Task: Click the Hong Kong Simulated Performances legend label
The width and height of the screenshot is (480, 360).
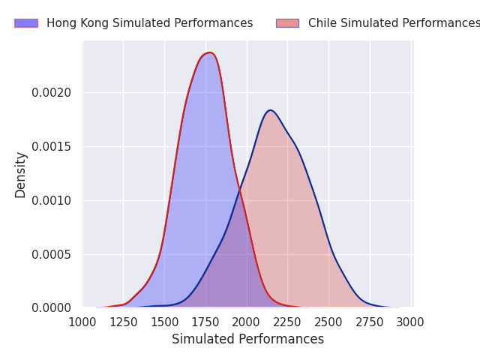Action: (x=149, y=23)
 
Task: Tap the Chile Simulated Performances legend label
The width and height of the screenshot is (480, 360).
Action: (x=393, y=23)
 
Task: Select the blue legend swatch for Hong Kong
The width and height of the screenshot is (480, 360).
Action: (x=25, y=23)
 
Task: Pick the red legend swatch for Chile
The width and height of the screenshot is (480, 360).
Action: (x=287, y=23)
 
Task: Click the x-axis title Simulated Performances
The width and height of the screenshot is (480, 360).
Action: (x=247, y=339)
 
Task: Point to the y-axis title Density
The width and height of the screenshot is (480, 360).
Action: (x=21, y=175)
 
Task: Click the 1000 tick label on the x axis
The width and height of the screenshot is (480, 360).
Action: (x=82, y=322)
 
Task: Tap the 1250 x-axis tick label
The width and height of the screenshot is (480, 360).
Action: (x=124, y=322)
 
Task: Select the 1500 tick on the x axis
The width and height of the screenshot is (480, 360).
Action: (x=164, y=322)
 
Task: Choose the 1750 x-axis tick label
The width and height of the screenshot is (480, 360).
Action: (x=205, y=322)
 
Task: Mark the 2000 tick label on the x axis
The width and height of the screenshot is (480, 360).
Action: (x=246, y=322)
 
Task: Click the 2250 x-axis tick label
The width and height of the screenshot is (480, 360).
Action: (x=287, y=322)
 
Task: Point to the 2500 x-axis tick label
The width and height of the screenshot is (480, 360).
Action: (x=328, y=322)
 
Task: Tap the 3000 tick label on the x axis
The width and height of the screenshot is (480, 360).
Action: (x=409, y=322)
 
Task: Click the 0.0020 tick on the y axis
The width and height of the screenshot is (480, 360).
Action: (x=52, y=93)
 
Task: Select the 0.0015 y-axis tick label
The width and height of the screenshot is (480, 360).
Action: (x=52, y=147)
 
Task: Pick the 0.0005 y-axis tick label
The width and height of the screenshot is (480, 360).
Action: (x=52, y=254)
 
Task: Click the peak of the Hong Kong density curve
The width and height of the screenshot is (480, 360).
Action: (x=210, y=52)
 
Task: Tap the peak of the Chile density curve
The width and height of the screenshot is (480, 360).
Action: (x=270, y=110)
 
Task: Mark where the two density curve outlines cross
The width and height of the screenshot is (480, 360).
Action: (x=238, y=190)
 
